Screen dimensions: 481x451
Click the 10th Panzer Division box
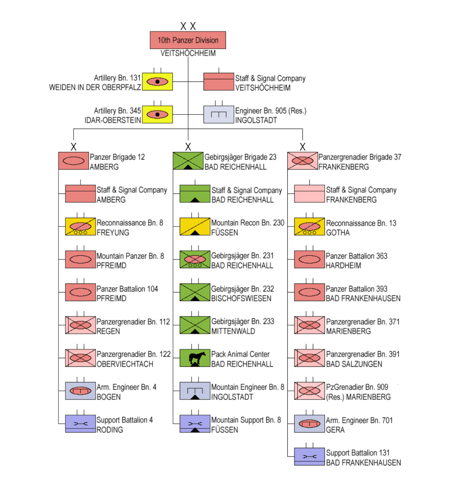(x=188, y=40)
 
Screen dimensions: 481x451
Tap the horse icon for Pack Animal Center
(x=195, y=358)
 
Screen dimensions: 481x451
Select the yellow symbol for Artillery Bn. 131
(x=158, y=82)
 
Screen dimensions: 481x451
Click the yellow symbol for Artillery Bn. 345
(x=158, y=114)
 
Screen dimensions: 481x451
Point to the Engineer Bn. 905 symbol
(x=218, y=114)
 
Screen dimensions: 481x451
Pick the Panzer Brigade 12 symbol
(x=73, y=161)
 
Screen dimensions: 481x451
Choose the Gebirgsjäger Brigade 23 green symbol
(x=188, y=161)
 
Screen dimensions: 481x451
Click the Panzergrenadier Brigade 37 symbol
(x=302, y=161)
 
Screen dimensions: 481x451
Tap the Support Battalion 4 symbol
(x=80, y=424)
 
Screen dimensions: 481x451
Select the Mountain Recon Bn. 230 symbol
(x=195, y=227)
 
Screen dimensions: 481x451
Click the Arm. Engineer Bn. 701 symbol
(x=309, y=424)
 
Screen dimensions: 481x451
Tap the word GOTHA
(x=335, y=233)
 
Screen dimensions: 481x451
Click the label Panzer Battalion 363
(x=356, y=256)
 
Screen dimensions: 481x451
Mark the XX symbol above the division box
(x=188, y=26)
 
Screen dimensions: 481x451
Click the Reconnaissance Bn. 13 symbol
(x=309, y=227)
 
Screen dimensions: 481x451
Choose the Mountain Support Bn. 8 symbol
(x=195, y=424)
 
